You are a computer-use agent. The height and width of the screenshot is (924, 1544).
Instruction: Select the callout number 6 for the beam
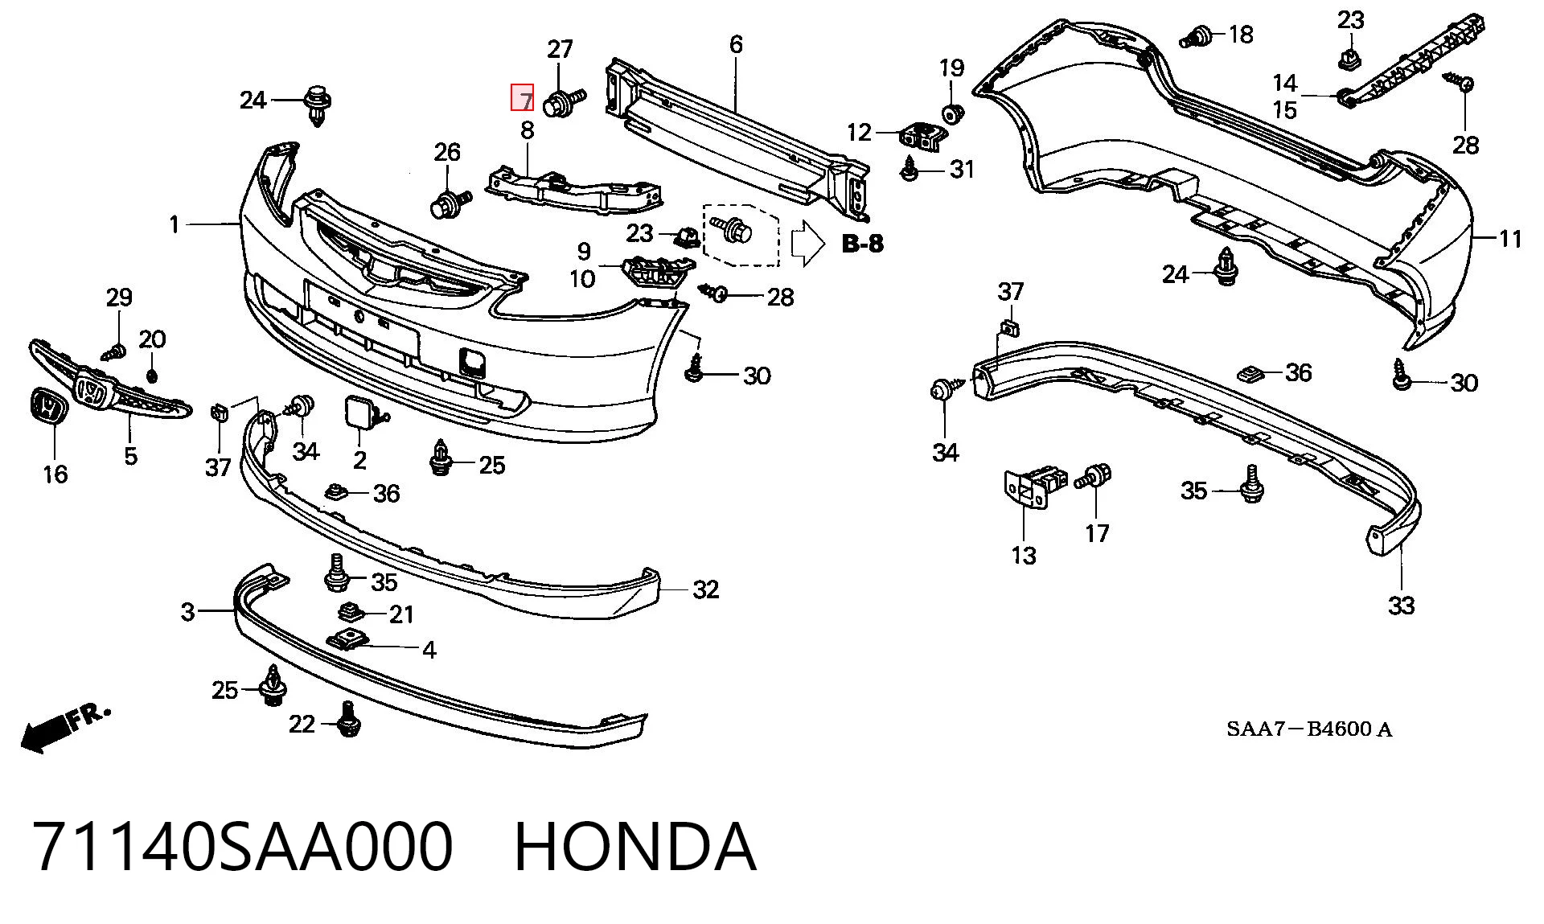[736, 44]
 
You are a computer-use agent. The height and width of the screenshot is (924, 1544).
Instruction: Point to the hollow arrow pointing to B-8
[808, 243]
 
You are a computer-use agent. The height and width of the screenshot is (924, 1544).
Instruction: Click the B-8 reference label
[862, 244]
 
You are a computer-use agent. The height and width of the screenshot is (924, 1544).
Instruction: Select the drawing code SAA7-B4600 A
[1308, 729]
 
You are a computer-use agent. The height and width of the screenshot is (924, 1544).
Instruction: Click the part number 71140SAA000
[243, 847]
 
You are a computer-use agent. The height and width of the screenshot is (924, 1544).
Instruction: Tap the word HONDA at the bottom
[634, 847]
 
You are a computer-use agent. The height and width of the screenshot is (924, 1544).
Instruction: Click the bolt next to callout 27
[565, 103]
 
